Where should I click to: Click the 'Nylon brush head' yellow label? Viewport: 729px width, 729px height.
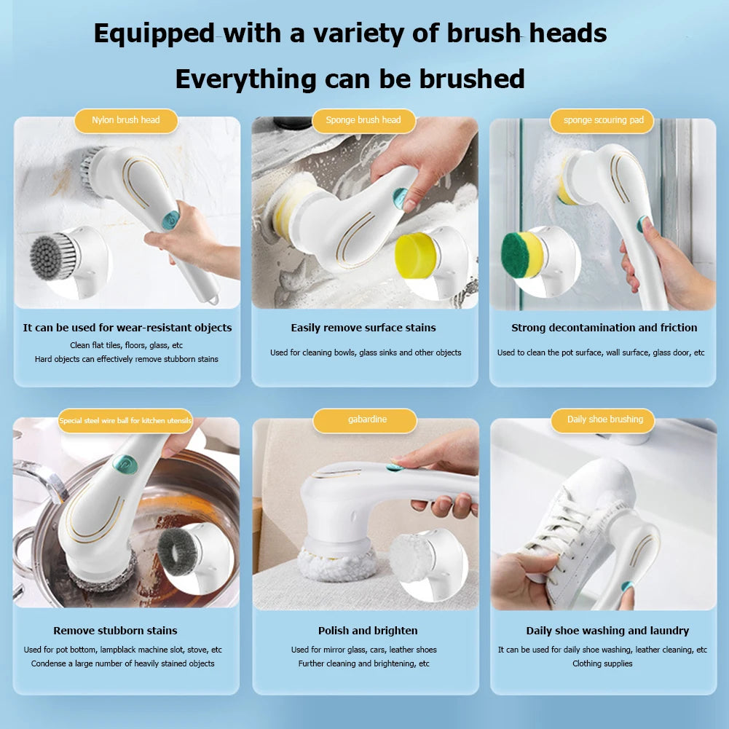tap(126, 120)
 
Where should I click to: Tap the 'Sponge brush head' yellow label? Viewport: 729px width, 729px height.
tap(363, 120)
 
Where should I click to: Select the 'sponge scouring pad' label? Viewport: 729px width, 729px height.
tap(603, 120)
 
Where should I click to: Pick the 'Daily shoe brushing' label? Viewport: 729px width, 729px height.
tap(605, 419)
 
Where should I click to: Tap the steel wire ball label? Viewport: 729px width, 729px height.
tap(125, 421)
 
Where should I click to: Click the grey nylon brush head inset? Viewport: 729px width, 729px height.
tap(55, 256)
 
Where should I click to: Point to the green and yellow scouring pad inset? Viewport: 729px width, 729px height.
tap(522, 254)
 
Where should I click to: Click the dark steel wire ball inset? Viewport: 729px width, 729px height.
tap(179, 551)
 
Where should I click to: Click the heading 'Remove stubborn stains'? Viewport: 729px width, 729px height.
tap(115, 631)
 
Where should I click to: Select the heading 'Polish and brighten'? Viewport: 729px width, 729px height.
tap(368, 631)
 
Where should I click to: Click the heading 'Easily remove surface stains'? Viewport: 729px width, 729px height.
tap(363, 328)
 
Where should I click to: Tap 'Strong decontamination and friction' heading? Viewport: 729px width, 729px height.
tap(604, 328)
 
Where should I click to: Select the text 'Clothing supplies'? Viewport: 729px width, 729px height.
tap(602, 663)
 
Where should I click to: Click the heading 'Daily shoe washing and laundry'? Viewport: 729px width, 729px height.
tap(607, 631)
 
